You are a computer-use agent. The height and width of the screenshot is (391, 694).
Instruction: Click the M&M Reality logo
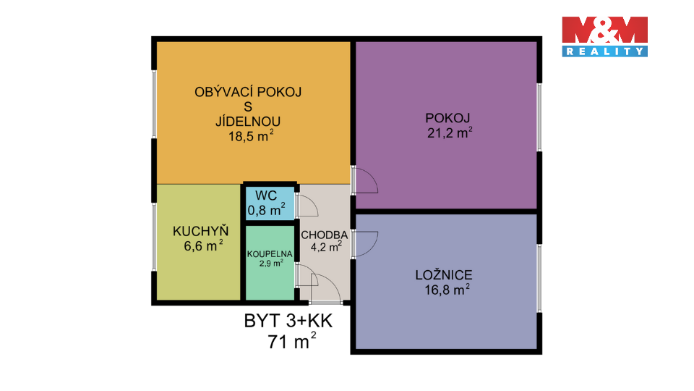604,36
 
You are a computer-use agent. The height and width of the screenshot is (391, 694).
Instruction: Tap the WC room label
266,195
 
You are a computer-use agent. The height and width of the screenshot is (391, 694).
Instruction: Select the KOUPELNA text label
270,254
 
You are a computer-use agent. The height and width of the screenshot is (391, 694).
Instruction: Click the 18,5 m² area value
251,135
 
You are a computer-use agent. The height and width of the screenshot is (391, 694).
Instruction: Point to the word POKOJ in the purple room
447,118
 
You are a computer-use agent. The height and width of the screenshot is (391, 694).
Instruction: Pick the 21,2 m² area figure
450,132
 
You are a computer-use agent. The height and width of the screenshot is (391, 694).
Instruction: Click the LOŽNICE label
444,275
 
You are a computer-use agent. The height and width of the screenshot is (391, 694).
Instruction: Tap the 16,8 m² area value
447,290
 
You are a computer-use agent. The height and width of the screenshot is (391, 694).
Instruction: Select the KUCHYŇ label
200,231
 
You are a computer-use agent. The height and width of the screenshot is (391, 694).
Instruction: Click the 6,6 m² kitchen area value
203,245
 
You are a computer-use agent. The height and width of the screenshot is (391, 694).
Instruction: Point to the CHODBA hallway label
325,235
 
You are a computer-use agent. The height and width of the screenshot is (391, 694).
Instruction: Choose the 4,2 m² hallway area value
326,246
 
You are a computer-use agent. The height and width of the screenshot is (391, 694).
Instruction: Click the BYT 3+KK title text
288,321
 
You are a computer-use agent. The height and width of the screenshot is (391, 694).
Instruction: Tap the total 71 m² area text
291,341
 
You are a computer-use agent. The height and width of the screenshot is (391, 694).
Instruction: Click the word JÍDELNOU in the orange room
248,121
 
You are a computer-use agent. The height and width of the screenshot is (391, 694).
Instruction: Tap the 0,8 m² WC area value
266,210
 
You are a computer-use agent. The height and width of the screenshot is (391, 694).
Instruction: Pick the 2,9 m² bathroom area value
271,264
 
